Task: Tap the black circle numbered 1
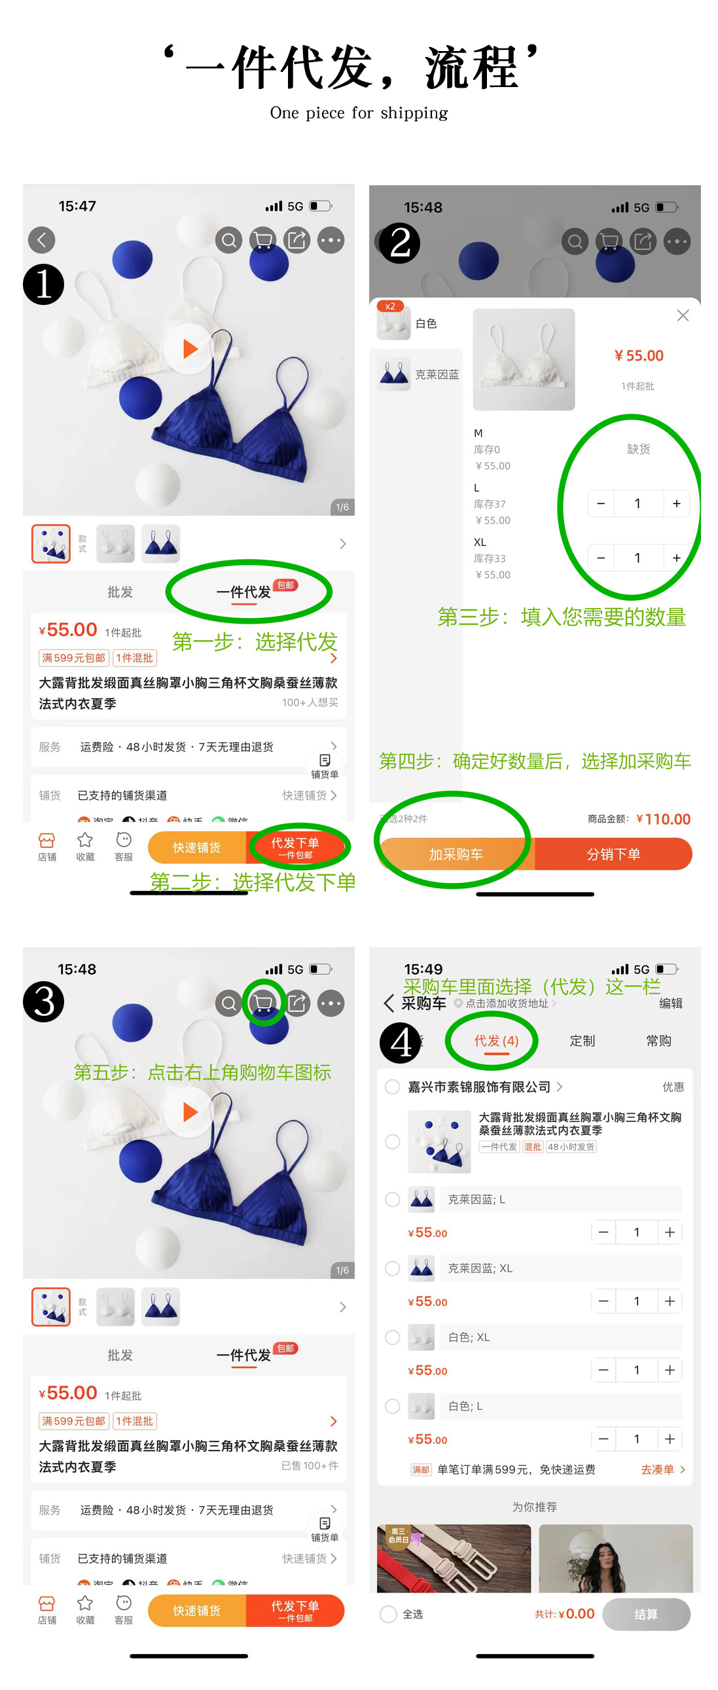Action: pyautogui.click(x=43, y=284)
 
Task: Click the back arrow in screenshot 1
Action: pyautogui.click(x=41, y=240)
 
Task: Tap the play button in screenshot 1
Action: pyautogui.click(x=189, y=348)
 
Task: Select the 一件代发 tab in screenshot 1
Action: pyautogui.click(x=243, y=592)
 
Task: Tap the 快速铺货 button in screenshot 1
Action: pyautogui.click(x=196, y=847)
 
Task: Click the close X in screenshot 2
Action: pyautogui.click(x=682, y=315)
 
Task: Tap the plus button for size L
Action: pyautogui.click(x=676, y=503)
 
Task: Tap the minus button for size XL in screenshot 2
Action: pyautogui.click(x=601, y=558)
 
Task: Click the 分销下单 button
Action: pyautogui.click(x=613, y=854)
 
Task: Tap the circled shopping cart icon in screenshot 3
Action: pyautogui.click(x=263, y=1003)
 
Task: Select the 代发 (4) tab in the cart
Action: pyautogui.click(x=495, y=1041)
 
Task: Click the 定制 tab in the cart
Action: pyautogui.click(x=581, y=1041)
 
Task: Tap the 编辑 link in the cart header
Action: pyautogui.click(x=670, y=1003)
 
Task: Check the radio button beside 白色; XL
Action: pyautogui.click(x=393, y=1337)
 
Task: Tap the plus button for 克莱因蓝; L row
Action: pyautogui.click(x=669, y=1232)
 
